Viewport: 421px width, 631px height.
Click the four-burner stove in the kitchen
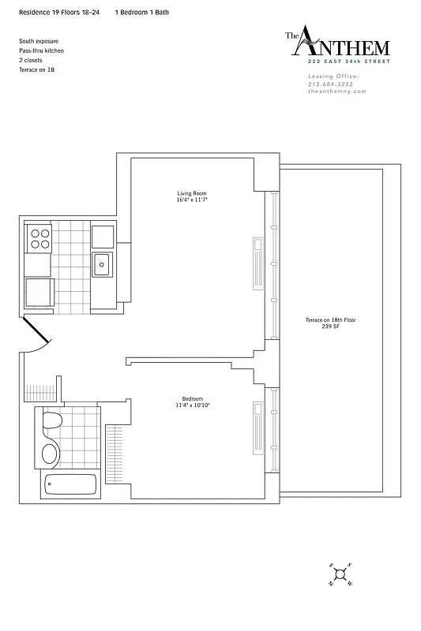click(x=39, y=238)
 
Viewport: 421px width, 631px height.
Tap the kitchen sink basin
click(x=103, y=264)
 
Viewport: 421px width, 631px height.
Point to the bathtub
click(x=70, y=484)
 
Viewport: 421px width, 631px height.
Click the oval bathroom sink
click(x=49, y=454)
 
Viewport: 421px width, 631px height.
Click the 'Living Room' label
click(x=192, y=193)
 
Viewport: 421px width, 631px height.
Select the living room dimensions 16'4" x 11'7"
click(x=192, y=200)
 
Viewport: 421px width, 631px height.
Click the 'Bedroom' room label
click(x=192, y=398)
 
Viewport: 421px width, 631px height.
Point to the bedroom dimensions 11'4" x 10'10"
click(x=192, y=405)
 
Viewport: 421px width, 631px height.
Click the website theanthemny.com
click(x=337, y=91)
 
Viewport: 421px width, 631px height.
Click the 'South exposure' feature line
click(x=39, y=40)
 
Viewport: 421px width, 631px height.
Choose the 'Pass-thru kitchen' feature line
click(x=41, y=50)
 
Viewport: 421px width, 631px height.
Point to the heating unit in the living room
click(x=257, y=263)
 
